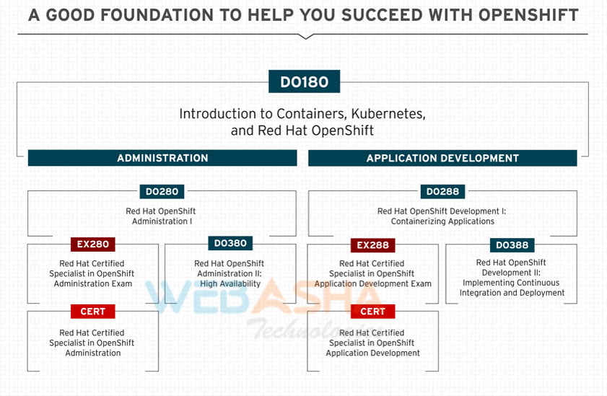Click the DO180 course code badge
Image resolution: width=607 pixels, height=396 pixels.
305,82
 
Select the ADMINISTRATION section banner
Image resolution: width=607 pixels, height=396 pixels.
162,158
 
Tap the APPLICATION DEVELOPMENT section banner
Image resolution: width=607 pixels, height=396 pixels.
442,158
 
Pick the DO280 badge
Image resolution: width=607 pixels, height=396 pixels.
162,191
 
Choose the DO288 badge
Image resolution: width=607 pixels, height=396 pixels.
442,191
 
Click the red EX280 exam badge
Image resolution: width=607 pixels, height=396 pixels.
93,244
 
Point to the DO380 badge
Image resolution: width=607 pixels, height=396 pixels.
230,243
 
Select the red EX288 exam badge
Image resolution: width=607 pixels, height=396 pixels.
373,245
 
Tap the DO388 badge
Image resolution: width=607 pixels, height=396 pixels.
512,245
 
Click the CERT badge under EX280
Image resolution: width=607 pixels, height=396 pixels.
93,312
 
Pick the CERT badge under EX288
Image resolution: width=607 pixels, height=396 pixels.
373,312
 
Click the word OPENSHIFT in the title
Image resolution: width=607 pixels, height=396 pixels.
528,15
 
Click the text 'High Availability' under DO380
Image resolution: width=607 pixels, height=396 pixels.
230,284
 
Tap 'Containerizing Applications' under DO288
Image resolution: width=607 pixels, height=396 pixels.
442,221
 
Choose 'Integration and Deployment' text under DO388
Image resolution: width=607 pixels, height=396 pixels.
512,293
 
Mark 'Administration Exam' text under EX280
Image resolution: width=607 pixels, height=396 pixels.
93,284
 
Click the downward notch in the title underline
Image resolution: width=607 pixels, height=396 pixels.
306,37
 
